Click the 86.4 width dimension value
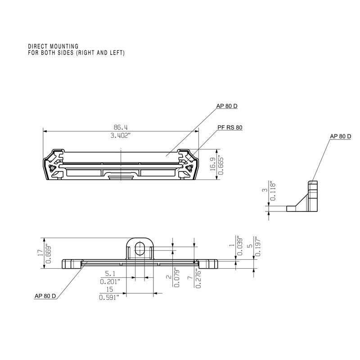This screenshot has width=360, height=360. click(x=121, y=127)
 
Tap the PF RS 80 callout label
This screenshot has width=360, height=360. click(x=229, y=128)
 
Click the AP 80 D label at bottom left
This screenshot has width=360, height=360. click(x=45, y=296)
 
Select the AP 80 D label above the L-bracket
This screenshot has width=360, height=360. click(x=340, y=136)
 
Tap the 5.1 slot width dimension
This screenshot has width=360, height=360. click(x=111, y=273)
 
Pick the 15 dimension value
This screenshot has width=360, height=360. click(x=109, y=289)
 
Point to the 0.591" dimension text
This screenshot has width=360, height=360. click(x=109, y=297)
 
